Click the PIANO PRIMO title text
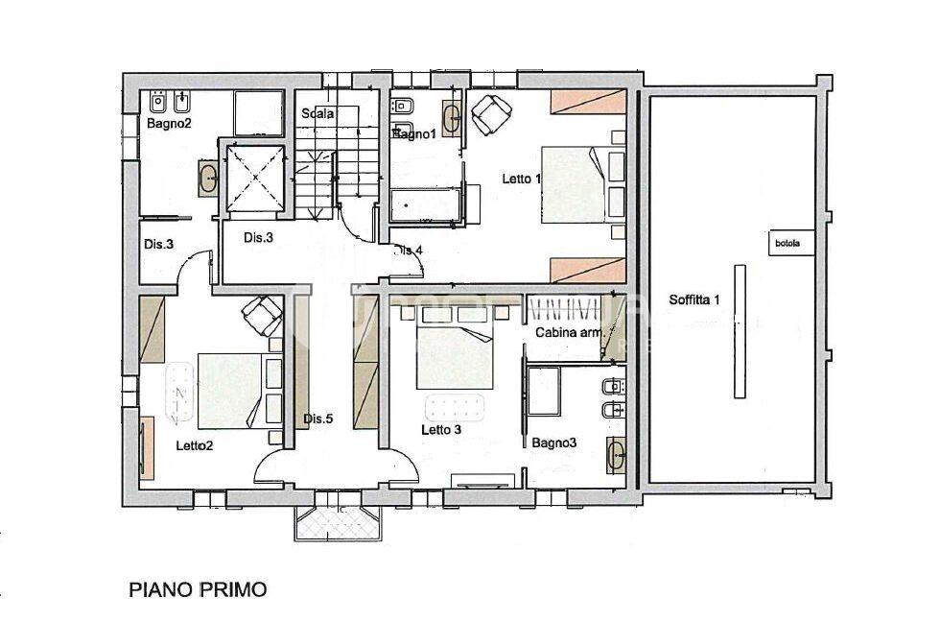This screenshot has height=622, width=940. coord(198,588)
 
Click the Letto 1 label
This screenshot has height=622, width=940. coord(522,179)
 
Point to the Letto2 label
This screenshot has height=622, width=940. coord(194,445)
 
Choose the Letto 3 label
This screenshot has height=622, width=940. coord(441,429)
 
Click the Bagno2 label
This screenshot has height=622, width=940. coord(170,124)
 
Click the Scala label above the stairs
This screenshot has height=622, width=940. coord(317,113)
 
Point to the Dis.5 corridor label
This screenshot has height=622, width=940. coord(317,419)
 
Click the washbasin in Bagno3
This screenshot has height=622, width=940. coord(614,454)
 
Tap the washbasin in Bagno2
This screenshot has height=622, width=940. coord(207,179)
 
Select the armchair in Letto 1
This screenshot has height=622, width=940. coord(489,114)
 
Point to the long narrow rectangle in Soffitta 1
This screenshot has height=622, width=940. coord(740,330)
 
